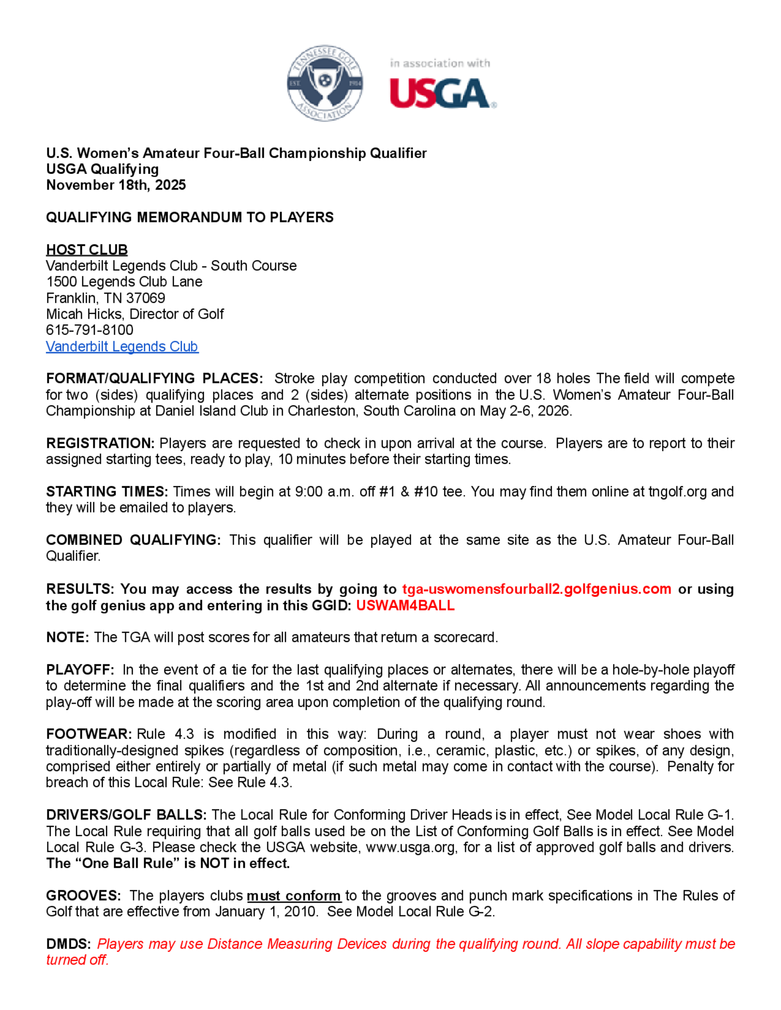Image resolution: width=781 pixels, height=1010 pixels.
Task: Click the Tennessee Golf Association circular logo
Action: (x=325, y=83)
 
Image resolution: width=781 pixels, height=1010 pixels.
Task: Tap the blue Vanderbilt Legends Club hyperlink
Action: (x=122, y=347)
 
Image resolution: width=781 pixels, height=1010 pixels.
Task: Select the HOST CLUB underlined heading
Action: (x=87, y=250)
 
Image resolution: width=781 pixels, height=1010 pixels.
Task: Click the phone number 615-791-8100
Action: (x=89, y=330)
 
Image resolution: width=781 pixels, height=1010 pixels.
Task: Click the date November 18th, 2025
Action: (x=116, y=185)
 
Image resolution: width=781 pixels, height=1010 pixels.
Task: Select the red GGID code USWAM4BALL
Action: (x=405, y=605)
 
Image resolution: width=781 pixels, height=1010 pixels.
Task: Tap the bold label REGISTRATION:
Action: (x=100, y=443)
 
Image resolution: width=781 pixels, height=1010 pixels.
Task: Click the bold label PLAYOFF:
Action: (x=80, y=670)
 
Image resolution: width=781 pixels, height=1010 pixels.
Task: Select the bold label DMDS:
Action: (x=68, y=944)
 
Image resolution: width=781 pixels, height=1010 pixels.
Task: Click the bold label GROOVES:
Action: (x=83, y=896)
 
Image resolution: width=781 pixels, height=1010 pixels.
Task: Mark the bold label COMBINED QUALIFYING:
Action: (x=133, y=540)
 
